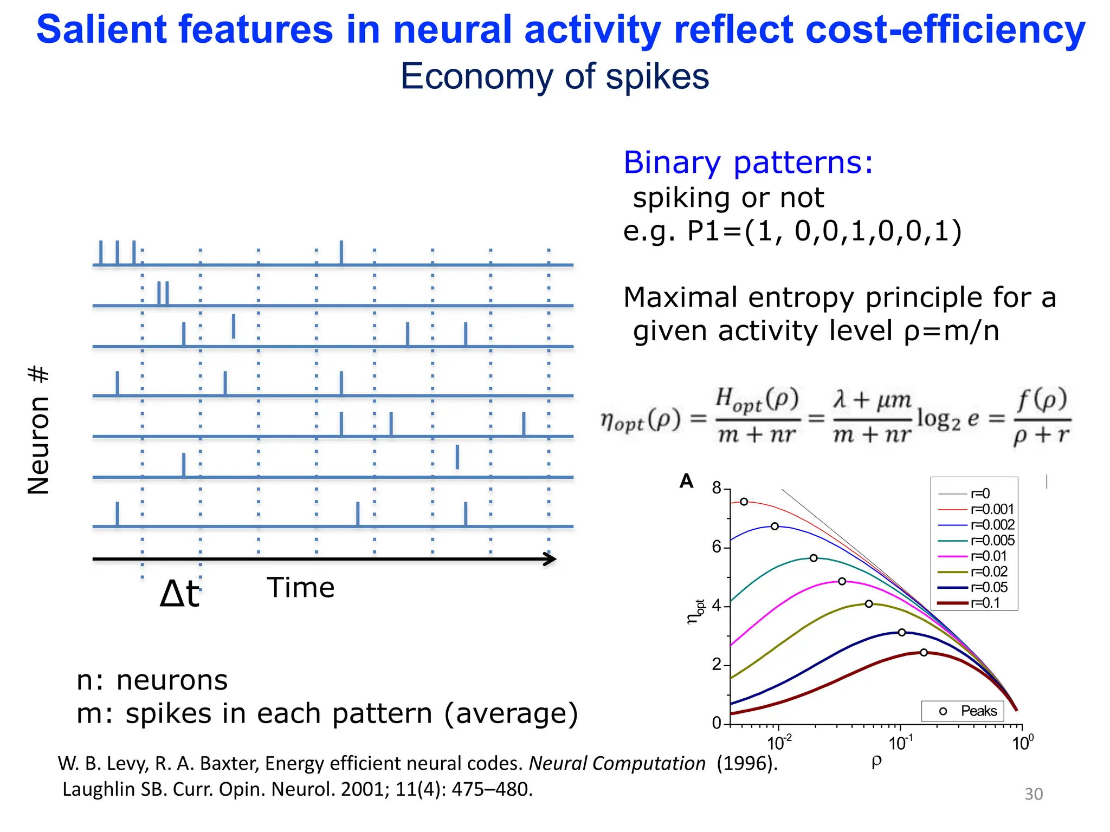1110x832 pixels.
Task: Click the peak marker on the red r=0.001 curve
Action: tap(744, 502)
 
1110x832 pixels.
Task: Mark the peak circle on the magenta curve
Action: tap(842, 581)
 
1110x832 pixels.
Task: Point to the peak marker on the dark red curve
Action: tap(924, 652)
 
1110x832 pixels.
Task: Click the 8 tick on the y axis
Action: tap(717, 488)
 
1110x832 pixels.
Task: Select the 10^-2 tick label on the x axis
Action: tap(779, 743)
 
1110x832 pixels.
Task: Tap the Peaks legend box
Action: tap(963, 711)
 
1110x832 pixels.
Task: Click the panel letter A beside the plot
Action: tap(686, 481)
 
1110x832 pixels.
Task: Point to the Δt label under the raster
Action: tap(179, 594)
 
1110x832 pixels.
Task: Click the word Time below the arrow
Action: tap(301, 588)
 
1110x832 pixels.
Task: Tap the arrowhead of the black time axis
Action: tap(550, 559)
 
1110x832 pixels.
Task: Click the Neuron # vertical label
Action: tap(38, 430)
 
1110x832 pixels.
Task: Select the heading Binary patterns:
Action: tap(748, 162)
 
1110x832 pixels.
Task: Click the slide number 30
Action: tap(1033, 794)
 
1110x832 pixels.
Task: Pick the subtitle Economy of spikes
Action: tap(554, 76)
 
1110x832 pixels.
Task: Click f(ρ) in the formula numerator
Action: tap(1041, 401)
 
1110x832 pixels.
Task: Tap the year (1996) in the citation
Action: tap(747, 763)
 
